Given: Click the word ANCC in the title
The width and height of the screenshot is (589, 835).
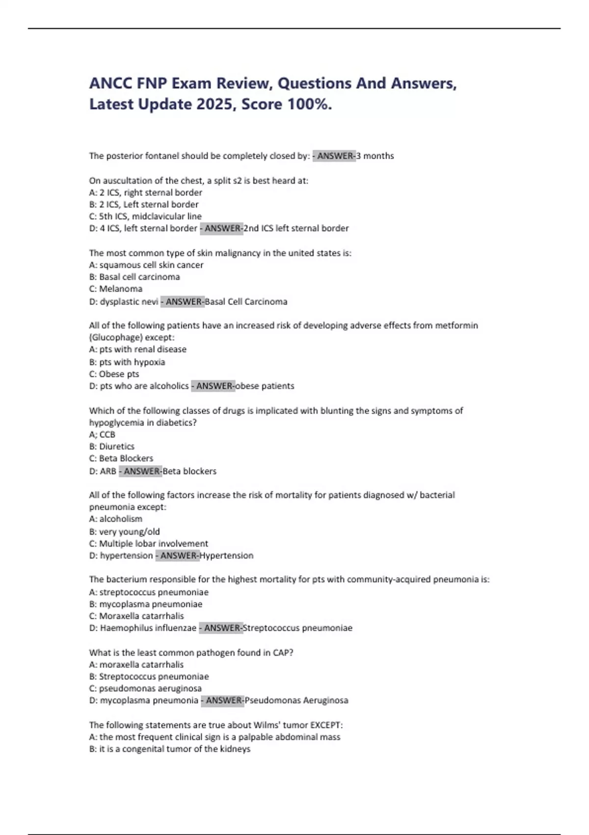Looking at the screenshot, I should pyautogui.click(x=110, y=83).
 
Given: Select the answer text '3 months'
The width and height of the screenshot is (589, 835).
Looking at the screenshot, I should pyautogui.click(x=375, y=156).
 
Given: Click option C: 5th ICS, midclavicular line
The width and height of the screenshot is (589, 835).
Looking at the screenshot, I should pyautogui.click(x=145, y=216).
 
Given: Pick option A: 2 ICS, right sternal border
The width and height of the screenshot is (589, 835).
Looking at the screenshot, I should pyautogui.click(x=145, y=193).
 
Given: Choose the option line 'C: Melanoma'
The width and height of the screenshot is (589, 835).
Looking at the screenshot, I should pyautogui.click(x=116, y=289).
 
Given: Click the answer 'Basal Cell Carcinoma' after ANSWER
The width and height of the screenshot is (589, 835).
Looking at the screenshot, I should pyautogui.click(x=246, y=302).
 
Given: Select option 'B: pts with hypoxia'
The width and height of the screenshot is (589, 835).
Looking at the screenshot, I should pyautogui.click(x=127, y=362).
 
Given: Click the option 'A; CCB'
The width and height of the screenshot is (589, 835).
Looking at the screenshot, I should pyautogui.click(x=102, y=435).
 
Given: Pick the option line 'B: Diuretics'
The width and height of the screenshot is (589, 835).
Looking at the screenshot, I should pyautogui.click(x=112, y=446).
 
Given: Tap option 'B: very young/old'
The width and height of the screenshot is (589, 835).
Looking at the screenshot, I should pyautogui.click(x=125, y=531).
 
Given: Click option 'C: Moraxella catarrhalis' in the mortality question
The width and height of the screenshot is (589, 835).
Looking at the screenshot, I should pyautogui.click(x=136, y=616).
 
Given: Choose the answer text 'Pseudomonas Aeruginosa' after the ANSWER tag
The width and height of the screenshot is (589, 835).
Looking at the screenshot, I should pyautogui.click(x=296, y=700).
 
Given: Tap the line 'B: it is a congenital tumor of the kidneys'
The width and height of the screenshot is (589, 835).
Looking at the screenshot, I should pyautogui.click(x=170, y=749).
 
